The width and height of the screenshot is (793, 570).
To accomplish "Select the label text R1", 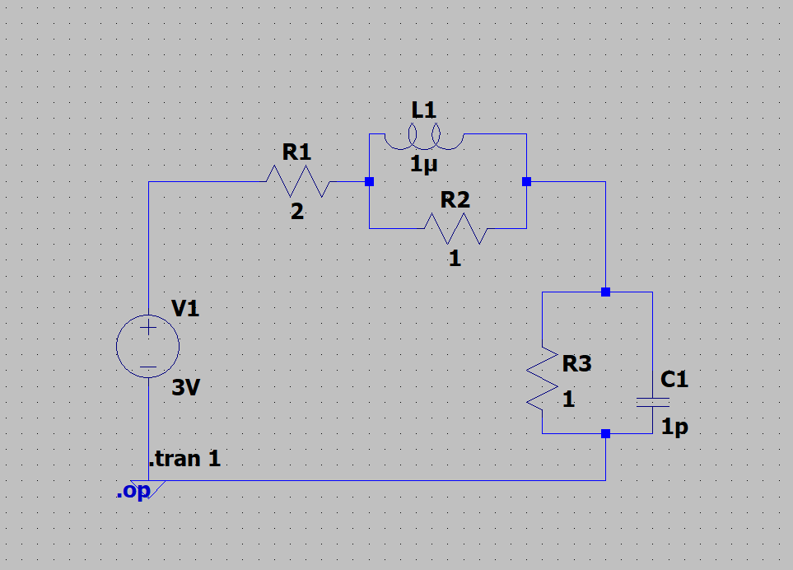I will coord(296,152).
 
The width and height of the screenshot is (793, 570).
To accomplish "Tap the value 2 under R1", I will coord(297,212).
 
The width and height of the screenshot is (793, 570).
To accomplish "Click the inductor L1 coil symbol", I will coord(425,138).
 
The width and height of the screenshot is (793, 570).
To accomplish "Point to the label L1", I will coord(425,110).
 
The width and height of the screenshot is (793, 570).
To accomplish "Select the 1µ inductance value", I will coord(425,165).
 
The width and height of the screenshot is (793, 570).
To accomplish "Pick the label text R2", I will coord(455,199).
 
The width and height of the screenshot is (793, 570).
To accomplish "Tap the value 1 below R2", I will coord(455,258).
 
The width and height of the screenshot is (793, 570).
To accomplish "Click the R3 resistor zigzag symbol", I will coord(542,378).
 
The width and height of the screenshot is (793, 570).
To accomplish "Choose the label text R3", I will coord(576,363).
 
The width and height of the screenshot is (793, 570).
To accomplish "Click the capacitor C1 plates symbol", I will coord(652,402).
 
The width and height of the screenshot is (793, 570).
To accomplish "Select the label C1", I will coord(674,380).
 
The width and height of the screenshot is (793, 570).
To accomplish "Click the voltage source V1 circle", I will coord(148,347).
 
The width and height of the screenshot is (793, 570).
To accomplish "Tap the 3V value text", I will coord(186,388).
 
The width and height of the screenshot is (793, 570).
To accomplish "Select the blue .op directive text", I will coord(133,492).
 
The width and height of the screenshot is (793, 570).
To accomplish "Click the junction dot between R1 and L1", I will coord(369,181).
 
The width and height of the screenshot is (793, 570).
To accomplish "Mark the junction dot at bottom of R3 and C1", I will coord(605,433).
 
